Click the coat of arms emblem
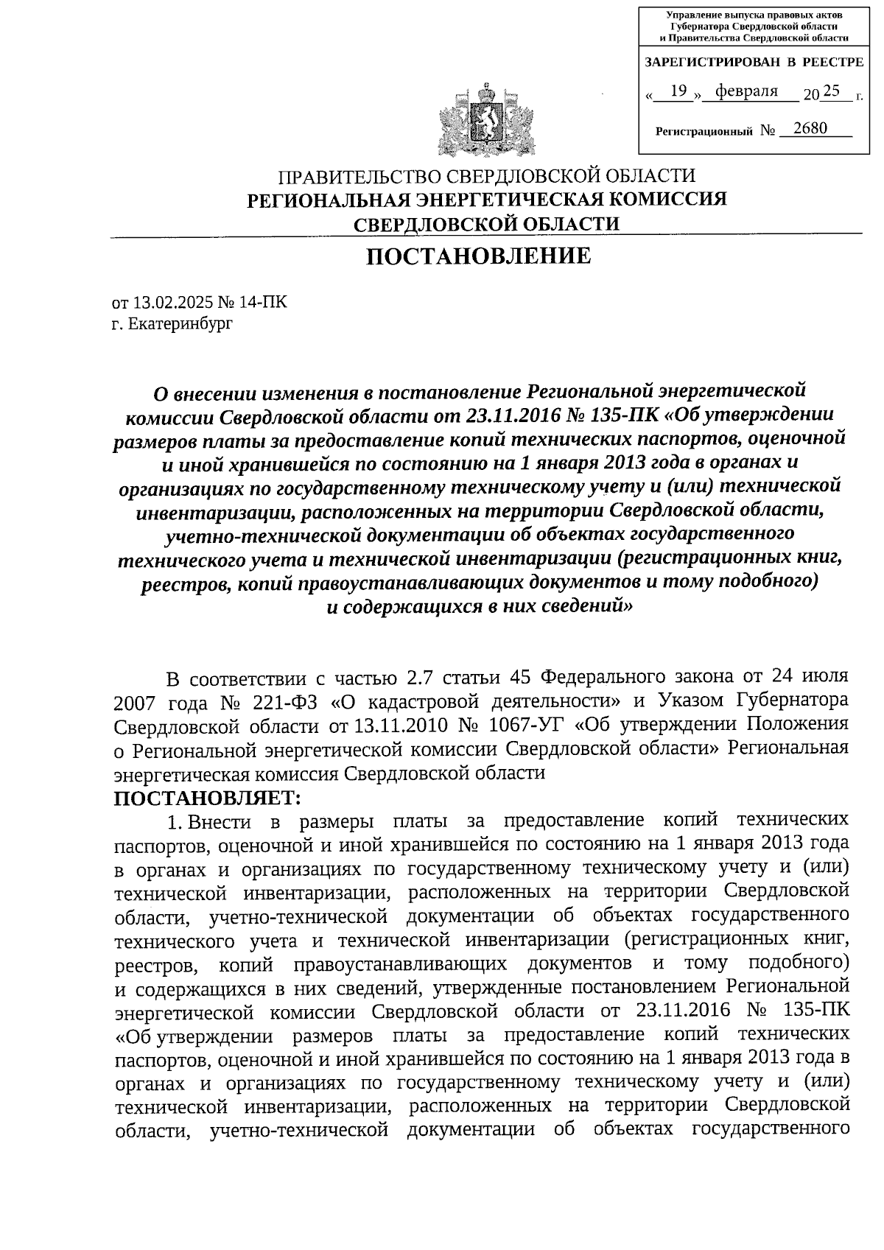[x=485, y=122]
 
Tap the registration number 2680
[x=807, y=129]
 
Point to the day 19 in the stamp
[x=679, y=91]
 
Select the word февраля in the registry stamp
[x=752, y=91]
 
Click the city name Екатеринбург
[x=180, y=323]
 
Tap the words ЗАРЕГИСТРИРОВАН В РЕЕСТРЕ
[x=754, y=63]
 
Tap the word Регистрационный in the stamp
[x=704, y=131]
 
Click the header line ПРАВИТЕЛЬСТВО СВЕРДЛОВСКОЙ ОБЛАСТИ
[x=486, y=177]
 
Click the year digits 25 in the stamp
[x=831, y=91]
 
